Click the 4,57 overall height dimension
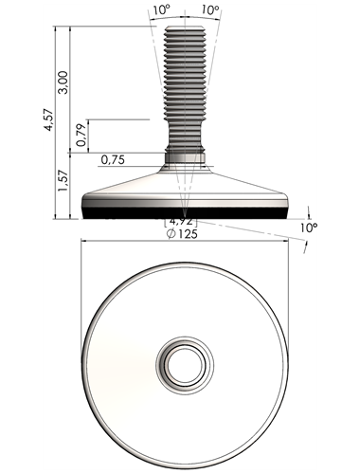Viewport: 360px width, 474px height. [x=50, y=119]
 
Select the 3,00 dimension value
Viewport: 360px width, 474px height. [x=64, y=82]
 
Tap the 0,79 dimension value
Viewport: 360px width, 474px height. [x=81, y=135]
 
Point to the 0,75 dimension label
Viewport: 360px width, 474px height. [x=113, y=160]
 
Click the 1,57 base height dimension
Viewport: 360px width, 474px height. [x=63, y=180]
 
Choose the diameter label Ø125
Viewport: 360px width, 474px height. [x=182, y=234]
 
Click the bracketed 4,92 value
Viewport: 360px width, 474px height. [x=181, y=221]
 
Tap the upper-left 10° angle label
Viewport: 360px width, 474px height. [x=162, y=10]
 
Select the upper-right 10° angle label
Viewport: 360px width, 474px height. [x=210, y=10]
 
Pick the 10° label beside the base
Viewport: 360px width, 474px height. [x=309, y=228]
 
